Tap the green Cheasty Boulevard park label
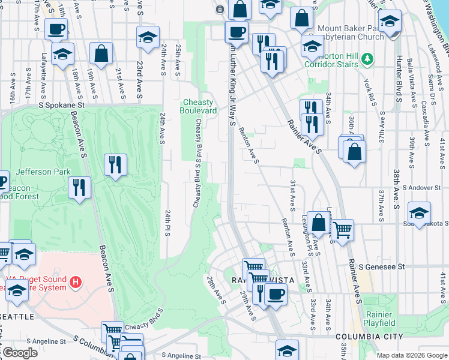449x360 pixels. tap(199, 106)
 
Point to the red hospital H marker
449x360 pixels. tap(75, 281)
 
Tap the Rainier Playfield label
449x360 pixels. tap(379, 319)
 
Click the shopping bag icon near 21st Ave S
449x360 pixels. tap(101, 53)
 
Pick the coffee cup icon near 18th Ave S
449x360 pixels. tap(56, 28)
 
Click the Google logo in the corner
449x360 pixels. tap(20, 353)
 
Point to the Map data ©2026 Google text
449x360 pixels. tap(412, 355)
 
